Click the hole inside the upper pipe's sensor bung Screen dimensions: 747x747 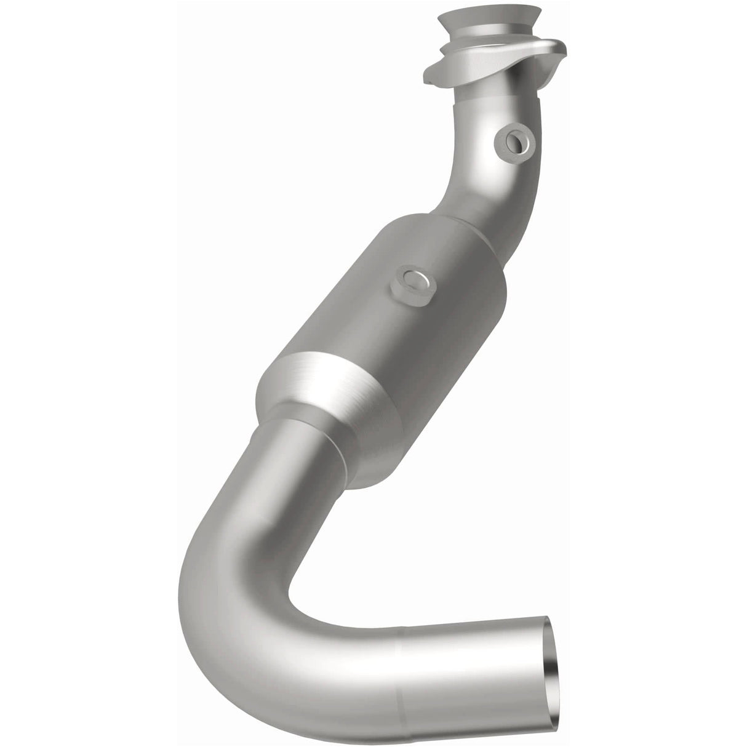coord(513,142)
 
